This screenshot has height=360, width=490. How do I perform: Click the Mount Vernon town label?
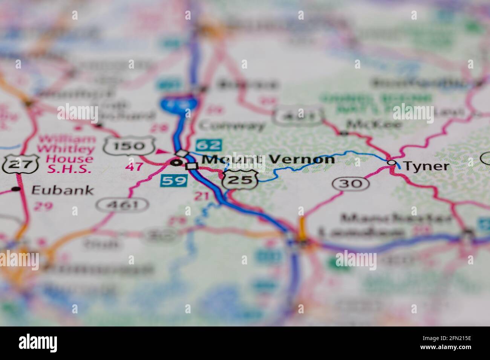[268, 159]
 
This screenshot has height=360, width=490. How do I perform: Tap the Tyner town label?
[426, 166]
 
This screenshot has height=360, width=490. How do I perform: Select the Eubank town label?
[62, 190]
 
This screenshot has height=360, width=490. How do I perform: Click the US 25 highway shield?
[240, 179]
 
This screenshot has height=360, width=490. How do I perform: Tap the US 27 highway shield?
[20, 164]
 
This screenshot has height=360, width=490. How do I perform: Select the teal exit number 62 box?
[209, 145]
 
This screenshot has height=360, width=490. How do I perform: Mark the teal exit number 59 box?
[174, 180]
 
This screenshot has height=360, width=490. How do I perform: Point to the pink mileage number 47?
[134, 166]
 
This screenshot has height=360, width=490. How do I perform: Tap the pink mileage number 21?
[202, 196]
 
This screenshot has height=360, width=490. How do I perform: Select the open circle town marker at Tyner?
[392, 163]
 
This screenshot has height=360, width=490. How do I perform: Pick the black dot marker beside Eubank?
[16, 189]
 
